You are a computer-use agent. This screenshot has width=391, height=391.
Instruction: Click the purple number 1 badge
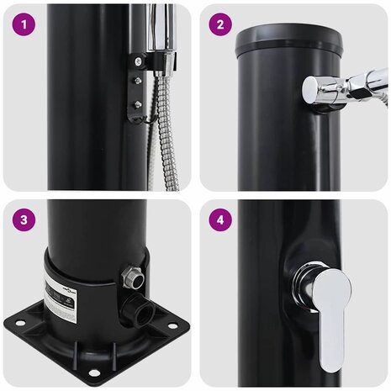(x=24, y=24)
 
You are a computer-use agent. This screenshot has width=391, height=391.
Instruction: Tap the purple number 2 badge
(x=220, y=24)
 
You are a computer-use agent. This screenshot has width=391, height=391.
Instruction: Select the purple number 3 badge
(x=24, y=220)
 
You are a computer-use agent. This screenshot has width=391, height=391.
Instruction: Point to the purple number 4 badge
(x=220, y=220)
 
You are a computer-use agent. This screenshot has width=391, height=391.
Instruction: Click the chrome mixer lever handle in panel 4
(x=329, y=309)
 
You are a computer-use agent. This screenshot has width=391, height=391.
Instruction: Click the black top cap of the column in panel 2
(x=288, y=41)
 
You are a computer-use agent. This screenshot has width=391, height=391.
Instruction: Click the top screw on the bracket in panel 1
(x=137, y=60)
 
